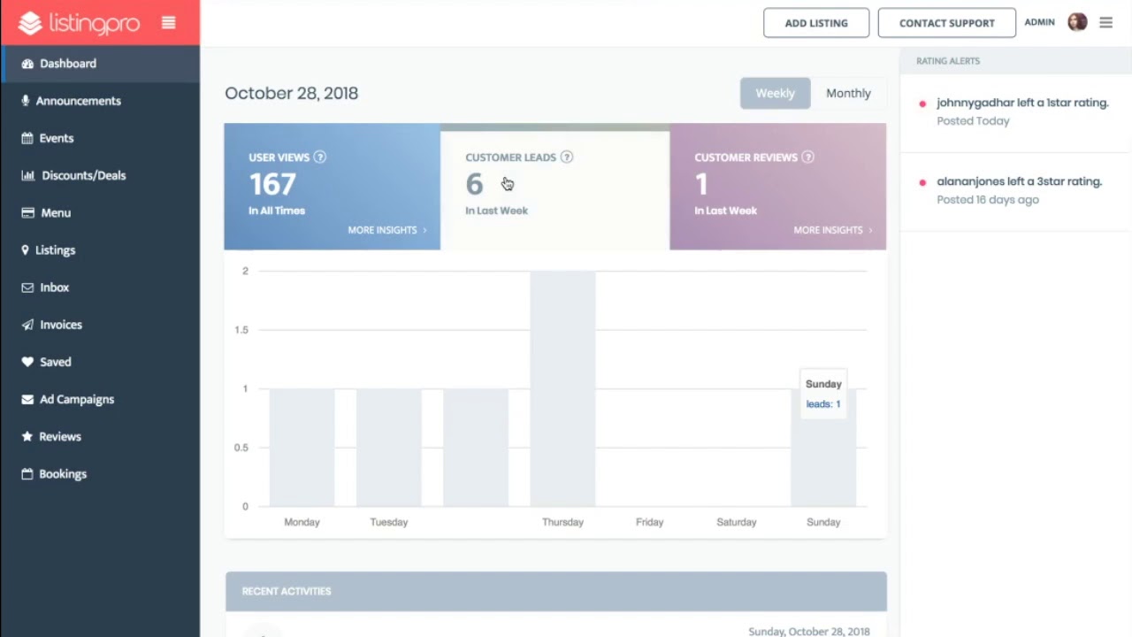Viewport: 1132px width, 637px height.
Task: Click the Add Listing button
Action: tap(815, 23)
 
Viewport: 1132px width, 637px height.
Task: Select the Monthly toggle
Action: tap(848, 93)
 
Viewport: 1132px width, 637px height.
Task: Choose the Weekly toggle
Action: tap(775, 93)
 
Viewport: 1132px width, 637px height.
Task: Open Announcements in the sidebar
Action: tap(78, 101)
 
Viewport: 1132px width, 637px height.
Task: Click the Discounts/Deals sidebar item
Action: tap(83, 175)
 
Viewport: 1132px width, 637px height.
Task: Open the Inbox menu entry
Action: tap(54, 288)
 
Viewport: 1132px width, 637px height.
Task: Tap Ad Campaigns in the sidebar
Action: tap(76, 399)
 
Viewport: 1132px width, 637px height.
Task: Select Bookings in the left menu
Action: tap(62, 474)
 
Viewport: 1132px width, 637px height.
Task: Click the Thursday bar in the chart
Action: tap(562, 389)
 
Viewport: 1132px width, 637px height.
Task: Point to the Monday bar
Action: tap(302, 448)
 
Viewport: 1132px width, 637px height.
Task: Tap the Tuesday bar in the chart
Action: tap(389, 448)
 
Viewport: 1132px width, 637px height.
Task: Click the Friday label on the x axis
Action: tap(649, 522)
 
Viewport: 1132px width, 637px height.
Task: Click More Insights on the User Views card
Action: tap(386, 230)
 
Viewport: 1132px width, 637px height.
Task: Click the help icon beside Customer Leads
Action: tap(567, 157)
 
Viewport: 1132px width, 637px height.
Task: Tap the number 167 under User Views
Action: tap(272, 184)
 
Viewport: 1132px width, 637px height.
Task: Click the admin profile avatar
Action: tap(1077, 22)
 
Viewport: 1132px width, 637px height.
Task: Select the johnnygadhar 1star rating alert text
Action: tap(1021, 103)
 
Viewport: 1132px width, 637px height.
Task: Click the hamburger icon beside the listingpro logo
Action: tap(168, 23)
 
